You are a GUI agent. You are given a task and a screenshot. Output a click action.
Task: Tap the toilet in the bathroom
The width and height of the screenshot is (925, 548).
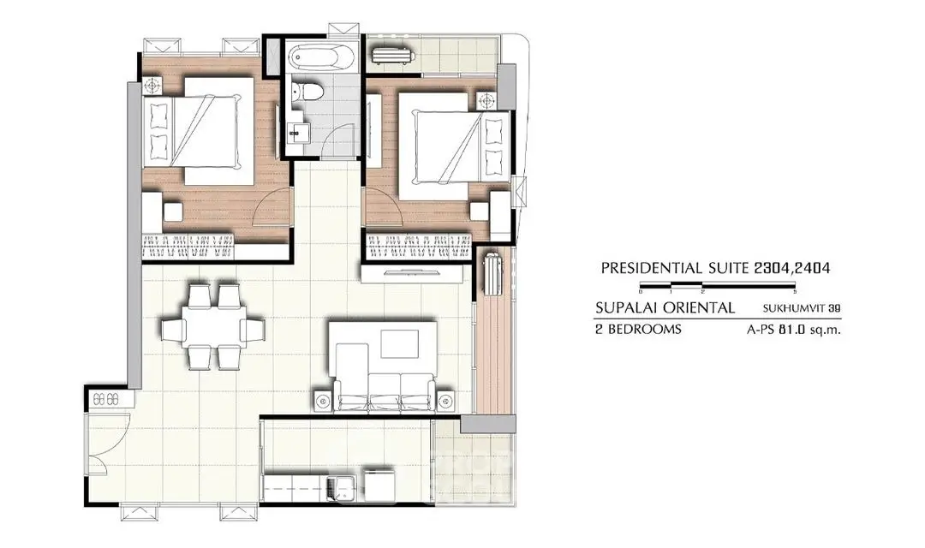[311, 92]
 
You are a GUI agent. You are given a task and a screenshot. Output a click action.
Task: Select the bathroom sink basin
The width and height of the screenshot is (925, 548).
[299, 132]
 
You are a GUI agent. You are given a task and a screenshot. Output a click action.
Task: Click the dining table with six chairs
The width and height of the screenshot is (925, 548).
[212, 327]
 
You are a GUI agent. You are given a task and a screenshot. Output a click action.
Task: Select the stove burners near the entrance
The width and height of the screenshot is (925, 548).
[105, 399]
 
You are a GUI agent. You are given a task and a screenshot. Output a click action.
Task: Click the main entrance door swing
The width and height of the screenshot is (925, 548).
[108, 437]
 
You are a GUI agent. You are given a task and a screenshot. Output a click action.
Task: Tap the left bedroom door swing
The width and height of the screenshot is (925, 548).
[272, 206]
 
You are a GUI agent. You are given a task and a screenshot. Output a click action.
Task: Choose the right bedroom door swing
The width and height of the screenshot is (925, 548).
[384, 206]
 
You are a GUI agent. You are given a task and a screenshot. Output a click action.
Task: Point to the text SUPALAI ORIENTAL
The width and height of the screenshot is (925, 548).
[665, 308]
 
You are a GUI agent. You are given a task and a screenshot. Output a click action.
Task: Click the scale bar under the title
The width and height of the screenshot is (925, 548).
[718, 288]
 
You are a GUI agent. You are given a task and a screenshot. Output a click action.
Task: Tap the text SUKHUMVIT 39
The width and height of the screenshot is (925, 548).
[801, 308]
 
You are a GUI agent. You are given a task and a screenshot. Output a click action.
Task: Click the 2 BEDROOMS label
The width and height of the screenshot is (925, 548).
[638, 330]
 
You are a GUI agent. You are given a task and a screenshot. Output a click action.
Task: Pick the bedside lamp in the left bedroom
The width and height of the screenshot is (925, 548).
[152, 86]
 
